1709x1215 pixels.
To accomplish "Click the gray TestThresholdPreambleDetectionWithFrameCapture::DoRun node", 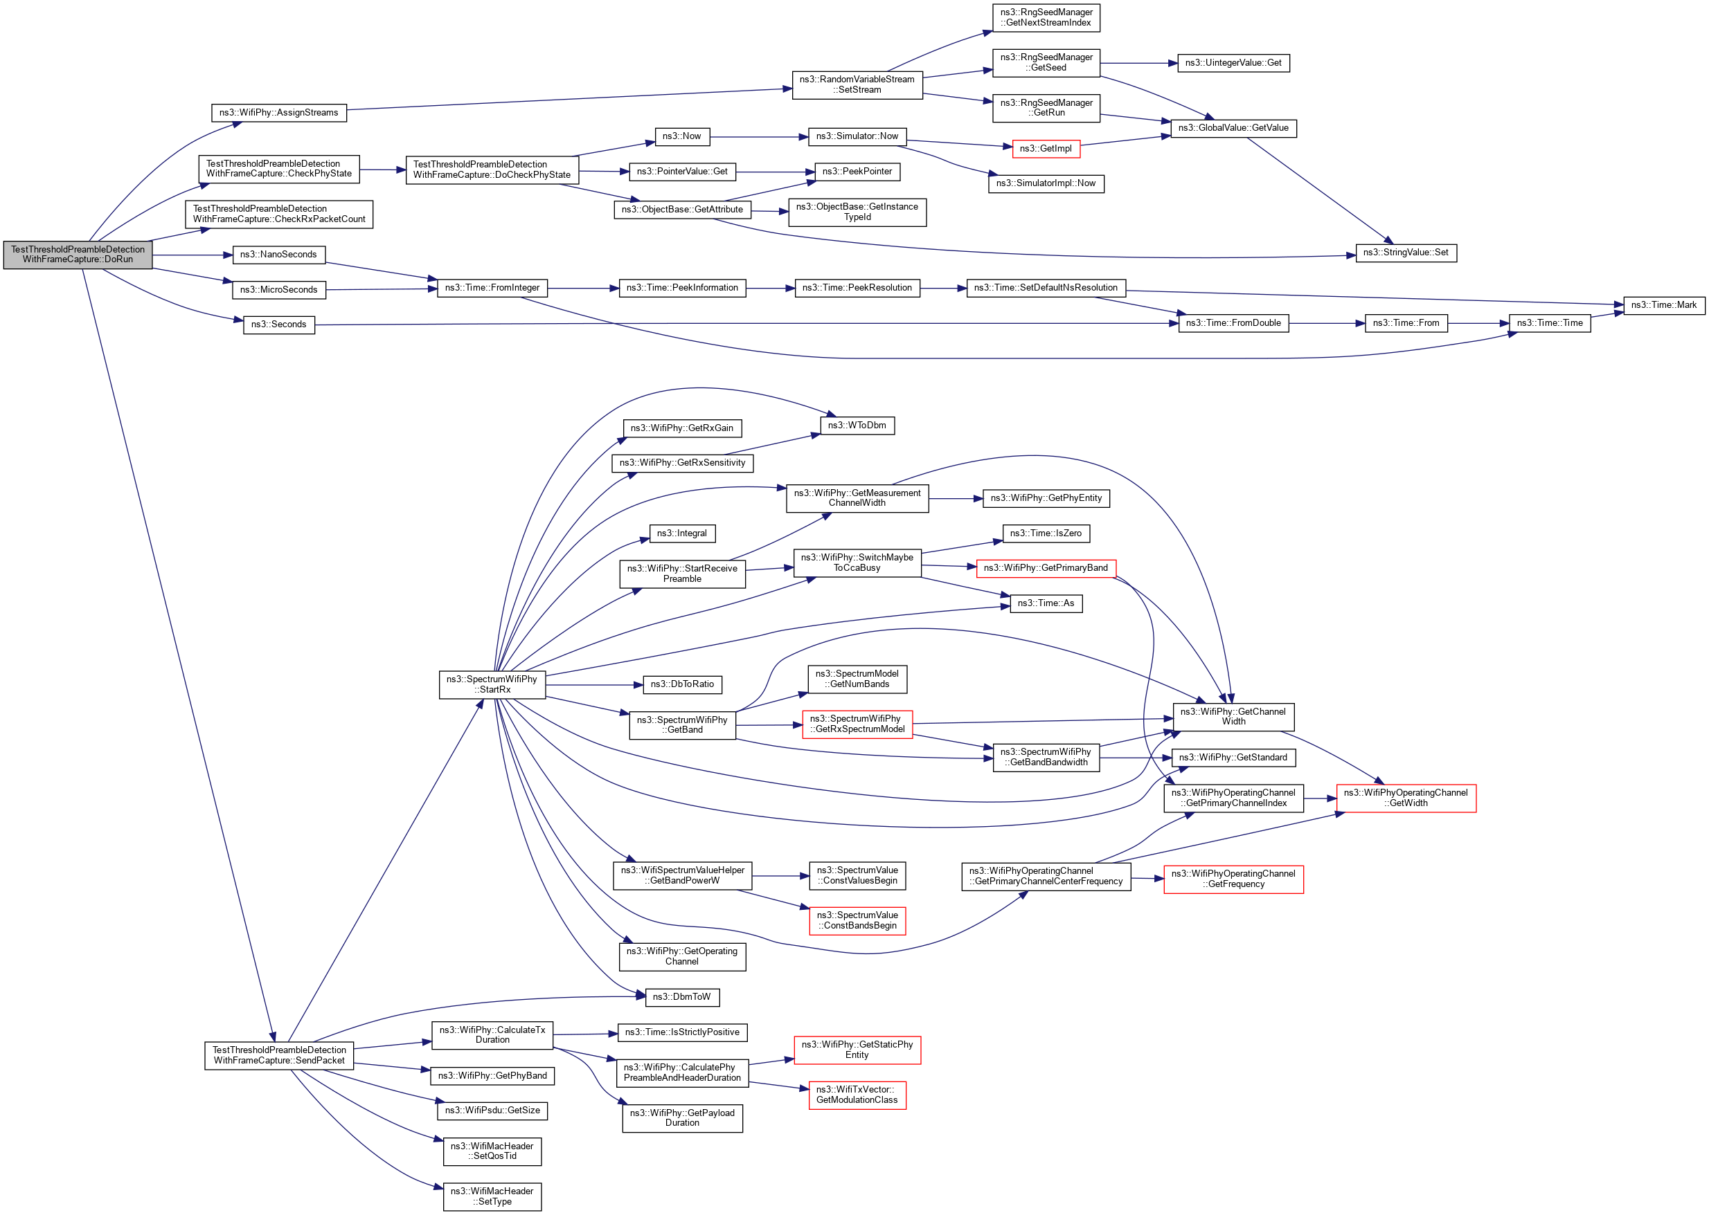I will tap(78, 255).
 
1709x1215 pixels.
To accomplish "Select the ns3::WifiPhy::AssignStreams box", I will tap(278, 113).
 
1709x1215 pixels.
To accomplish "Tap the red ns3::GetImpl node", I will tap(1045, 149).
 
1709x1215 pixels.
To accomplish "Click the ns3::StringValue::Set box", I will tap(1405, 253).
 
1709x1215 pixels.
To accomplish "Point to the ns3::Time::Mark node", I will tap(1663, 305).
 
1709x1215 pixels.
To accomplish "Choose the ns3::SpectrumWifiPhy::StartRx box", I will tap(492, 684).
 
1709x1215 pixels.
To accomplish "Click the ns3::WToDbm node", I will tap(857, 426).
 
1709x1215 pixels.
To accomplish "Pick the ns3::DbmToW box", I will tap(682, 997).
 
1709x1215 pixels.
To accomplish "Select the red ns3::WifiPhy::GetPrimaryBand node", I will tap(1045, 568).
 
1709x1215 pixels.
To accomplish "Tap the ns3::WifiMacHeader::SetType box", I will tap(492, 1196).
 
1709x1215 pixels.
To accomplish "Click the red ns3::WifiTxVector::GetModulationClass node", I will tap(857, 1095).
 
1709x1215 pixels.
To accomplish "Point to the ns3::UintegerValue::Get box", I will tap(1233, 63).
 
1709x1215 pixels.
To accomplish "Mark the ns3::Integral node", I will tap(682, 533).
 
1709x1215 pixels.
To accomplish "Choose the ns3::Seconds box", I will tap(278, 325).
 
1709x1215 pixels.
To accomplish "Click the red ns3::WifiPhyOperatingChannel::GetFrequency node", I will tap(1233, 879).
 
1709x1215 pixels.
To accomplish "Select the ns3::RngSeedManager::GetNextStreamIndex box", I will tap(1046, 18).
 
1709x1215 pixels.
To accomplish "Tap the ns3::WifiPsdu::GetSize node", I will tap(492, 1111).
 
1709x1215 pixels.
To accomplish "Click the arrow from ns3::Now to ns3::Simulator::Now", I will tap(758, 137).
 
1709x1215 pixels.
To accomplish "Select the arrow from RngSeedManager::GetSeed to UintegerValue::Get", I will tap(1138, 63).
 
